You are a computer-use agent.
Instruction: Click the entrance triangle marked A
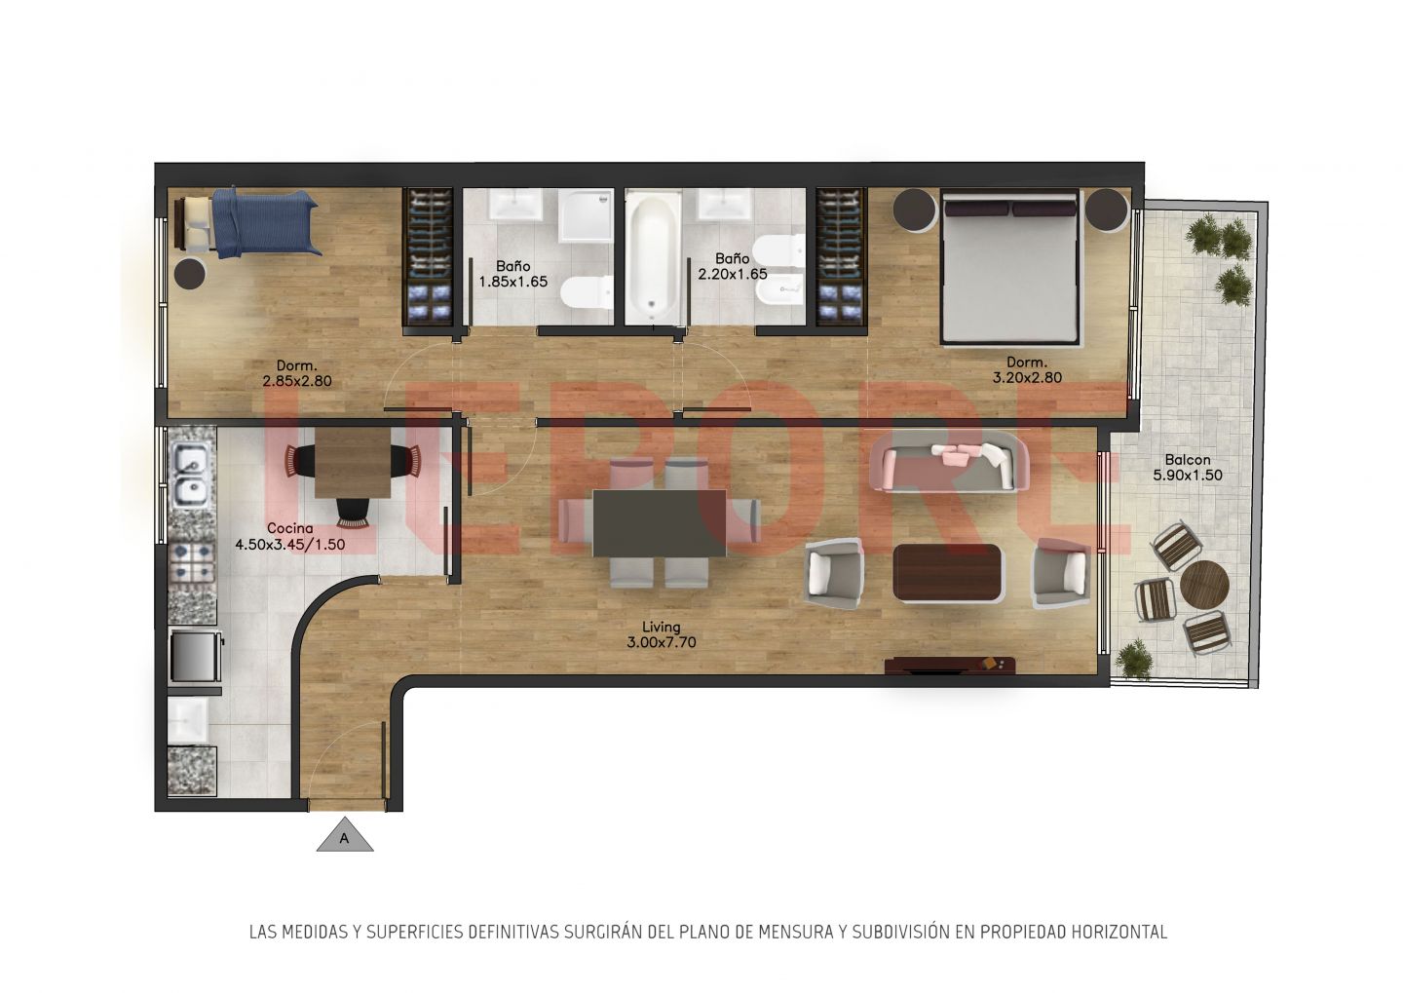[345, 835]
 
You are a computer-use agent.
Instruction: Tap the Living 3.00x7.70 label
[661, 634]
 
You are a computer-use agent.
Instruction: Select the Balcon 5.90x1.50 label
[1188, 468]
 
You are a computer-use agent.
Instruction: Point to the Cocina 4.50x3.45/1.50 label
[290, 536]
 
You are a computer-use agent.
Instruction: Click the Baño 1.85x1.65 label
[512, 274]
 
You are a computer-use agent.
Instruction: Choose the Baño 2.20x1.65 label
[733, 266]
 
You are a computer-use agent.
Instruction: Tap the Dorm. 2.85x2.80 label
[297, 373]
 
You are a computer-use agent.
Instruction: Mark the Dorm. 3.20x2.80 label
[1027, 369]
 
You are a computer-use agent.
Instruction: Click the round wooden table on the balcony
[1204, 584]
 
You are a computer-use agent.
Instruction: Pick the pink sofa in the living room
[949, 461]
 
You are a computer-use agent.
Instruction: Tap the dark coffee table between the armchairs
[947, 573]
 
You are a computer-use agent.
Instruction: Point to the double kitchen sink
[192, 475]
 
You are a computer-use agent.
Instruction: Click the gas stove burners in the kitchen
[192, 563]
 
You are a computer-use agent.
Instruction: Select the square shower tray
[586, 215]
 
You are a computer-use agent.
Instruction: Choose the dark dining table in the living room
[660, 523]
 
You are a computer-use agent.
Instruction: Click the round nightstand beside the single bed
[190, 274]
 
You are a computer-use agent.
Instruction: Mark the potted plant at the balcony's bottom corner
[1133, 659]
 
